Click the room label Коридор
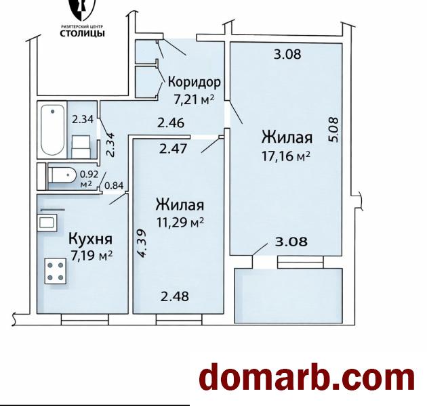tap(194, 83)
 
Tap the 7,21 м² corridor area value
tap(194, 99)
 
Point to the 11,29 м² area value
tap(180, 221)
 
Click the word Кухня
tap(90, 239)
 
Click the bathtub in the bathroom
tap(52, 129)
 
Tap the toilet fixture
tap(63, 176)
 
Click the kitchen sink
tap(47, 223)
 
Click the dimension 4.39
tap(142, 242)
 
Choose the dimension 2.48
tap(174, 296)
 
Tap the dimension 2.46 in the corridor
tap(171, 123)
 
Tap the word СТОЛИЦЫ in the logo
tap(83, 32)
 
